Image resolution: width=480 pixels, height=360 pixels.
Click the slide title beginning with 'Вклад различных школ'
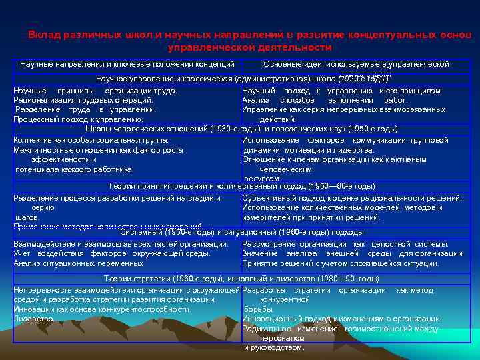tap(249, 41)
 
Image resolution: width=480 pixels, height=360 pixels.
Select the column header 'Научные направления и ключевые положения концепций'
tap(127, 64)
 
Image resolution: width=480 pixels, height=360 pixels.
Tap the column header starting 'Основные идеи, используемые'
tap(356, 64)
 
